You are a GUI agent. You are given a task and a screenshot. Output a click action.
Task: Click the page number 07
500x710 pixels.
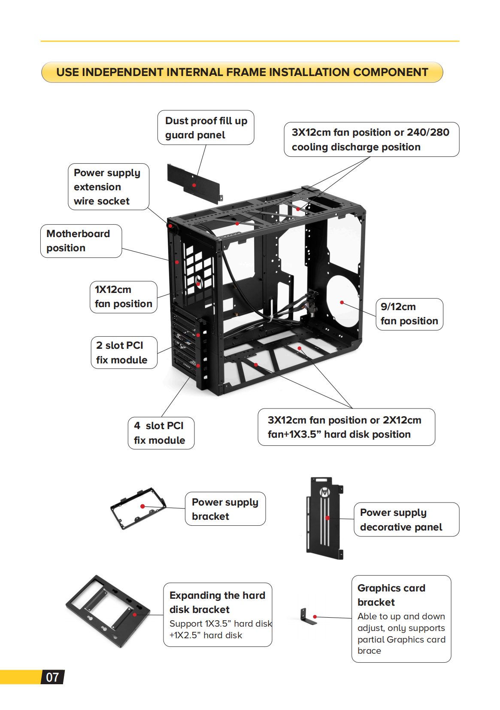52,677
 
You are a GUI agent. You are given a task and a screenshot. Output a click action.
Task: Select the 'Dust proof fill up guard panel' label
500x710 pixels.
206,128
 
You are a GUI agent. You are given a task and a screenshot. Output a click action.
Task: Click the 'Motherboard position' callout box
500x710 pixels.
81,241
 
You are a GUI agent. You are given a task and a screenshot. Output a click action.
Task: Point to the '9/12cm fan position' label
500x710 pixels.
409,314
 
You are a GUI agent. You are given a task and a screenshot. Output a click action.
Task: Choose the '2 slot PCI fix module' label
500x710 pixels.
124,353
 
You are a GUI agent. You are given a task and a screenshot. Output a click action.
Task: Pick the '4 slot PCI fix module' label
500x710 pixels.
161,433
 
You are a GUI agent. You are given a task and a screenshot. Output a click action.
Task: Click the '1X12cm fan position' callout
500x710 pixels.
123,297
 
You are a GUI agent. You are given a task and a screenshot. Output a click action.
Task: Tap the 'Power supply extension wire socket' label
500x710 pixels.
108,187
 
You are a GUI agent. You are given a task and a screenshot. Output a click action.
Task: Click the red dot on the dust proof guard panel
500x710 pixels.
194,185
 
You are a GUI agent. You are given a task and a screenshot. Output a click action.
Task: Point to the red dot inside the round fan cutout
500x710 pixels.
342,302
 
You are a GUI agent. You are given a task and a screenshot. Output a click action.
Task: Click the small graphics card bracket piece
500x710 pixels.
307,617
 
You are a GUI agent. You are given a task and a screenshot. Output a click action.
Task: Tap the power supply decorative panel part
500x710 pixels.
324,519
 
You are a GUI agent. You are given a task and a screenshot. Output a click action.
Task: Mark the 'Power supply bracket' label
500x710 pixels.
225,509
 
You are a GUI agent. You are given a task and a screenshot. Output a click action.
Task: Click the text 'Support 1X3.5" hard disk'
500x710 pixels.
221,624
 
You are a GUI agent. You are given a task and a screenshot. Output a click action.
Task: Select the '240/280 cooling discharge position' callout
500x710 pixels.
371,140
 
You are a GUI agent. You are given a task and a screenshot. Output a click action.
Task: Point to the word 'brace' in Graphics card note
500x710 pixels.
369,651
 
